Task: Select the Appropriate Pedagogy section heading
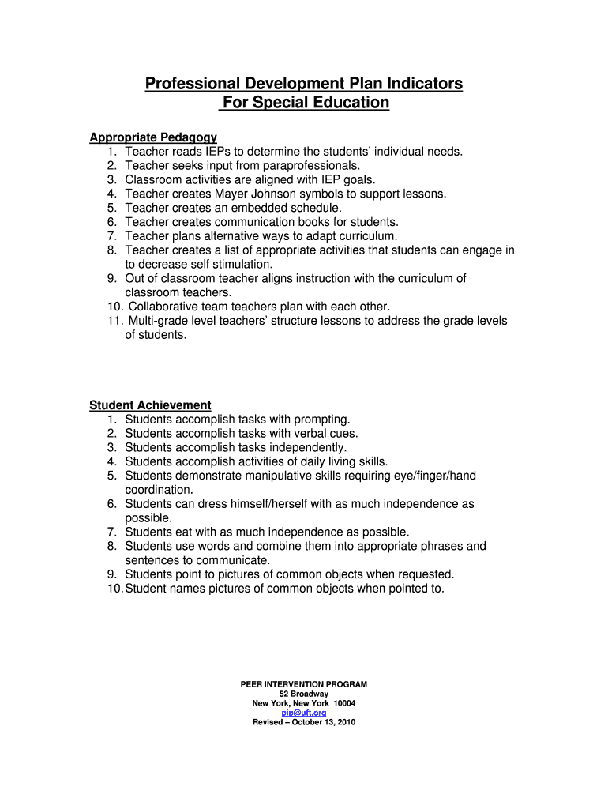coord(153,137)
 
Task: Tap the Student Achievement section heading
coord(150,405)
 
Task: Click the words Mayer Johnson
coord(251,194)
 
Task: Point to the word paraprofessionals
coord(309,165)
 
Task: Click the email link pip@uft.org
coord(303,713)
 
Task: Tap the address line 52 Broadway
coord(303,694)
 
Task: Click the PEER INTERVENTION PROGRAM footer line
coord(303,684)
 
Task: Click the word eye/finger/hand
coord(434,476)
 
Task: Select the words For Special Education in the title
coord(306,103)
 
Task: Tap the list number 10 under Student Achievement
coord(115,589)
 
